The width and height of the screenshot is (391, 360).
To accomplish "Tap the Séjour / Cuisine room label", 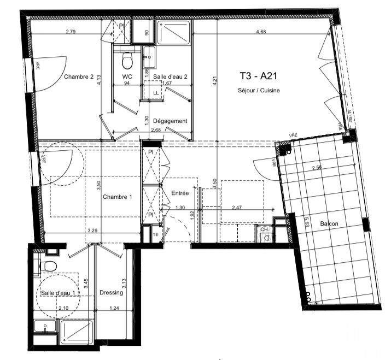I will [259, 90].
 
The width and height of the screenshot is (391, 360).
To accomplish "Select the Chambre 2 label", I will [79, 76].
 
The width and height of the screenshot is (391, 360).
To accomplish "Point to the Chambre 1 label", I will [118, 197].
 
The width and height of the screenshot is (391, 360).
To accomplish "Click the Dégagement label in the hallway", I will [170, 121].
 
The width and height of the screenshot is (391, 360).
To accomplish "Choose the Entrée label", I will [180, 193].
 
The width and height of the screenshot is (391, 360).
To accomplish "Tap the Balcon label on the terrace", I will [330, 224].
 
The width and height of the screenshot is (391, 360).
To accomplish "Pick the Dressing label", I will [111, 293].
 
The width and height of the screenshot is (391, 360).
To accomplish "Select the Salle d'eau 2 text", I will [171, 77].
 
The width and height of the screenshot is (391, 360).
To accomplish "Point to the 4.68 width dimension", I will [264, 32].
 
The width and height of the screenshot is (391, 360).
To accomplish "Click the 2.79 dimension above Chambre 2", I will [71, 32].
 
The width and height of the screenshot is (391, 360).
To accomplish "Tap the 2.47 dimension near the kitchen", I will [237, 208].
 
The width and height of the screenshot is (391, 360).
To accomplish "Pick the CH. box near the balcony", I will [265, 230].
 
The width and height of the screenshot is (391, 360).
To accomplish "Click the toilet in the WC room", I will [127, 57].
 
